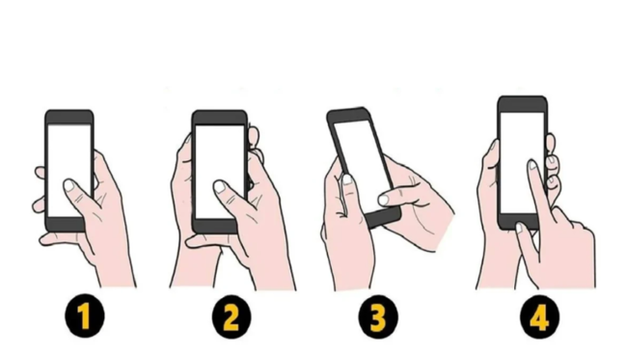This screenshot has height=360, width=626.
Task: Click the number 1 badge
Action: (x=84, y=317)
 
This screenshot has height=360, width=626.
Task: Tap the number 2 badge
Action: (x=231, y=317)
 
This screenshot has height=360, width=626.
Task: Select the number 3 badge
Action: (x=378, y=317)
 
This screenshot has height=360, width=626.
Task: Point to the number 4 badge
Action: (x=540, y=317)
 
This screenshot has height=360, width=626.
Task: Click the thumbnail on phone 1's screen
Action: (x=69, y=185)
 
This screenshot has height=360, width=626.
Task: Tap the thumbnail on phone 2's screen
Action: (x=220, y=186)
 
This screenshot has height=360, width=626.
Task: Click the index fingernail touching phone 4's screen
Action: (x=532, y=165)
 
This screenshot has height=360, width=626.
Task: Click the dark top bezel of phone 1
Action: (x=69, y=117)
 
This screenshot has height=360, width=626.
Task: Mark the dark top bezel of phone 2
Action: (x=219, y=118)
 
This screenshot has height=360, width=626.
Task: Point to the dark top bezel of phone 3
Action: (x=348, y=115)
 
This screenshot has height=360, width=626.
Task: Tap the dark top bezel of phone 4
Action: (x=522, y=104)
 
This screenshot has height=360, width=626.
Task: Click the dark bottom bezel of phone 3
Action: (x=383, y=217)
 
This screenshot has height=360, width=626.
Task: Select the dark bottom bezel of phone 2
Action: (x=215, y=226)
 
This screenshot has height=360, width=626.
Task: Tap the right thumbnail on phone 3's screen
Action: (x=384, y=200)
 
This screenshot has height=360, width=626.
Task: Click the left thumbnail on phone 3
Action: (x=347, y=180)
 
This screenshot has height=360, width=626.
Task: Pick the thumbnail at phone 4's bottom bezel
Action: (x=519, y=228)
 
